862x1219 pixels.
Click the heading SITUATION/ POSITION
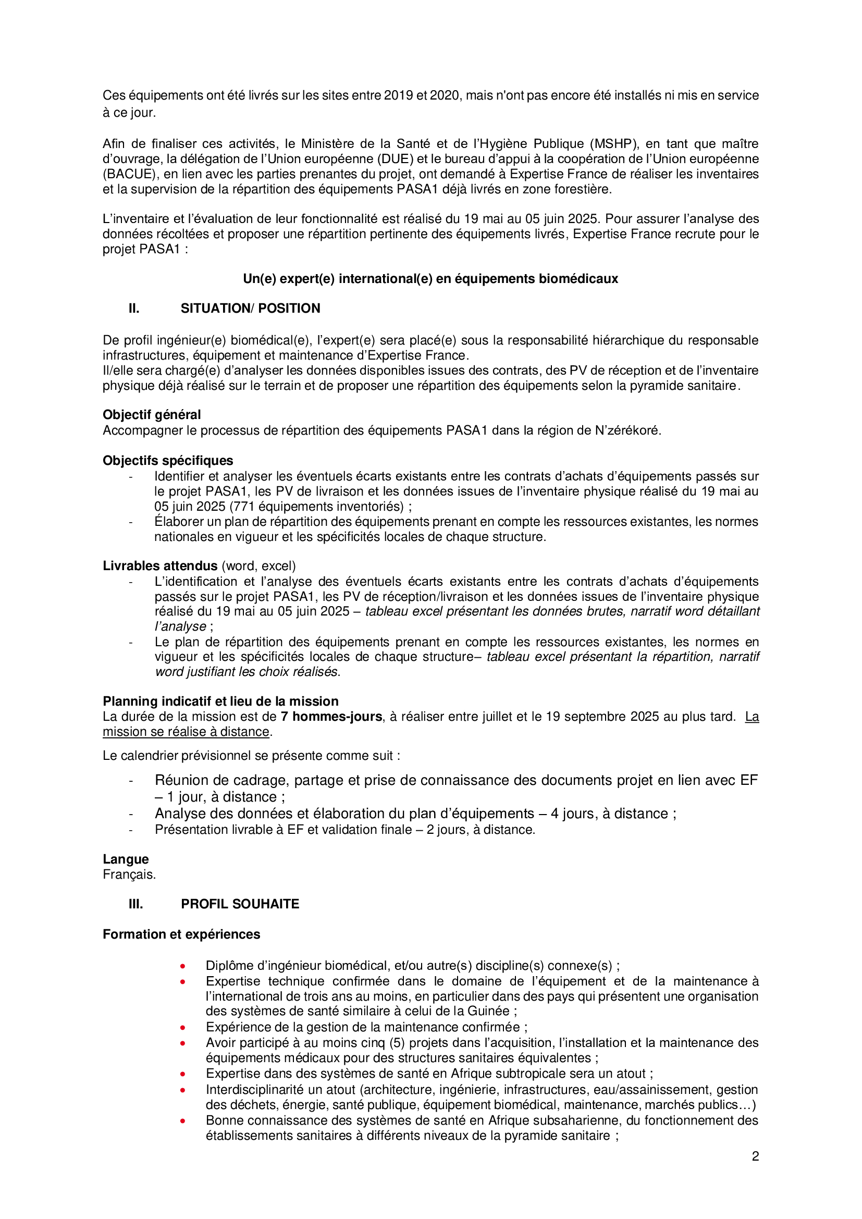click(250, 309)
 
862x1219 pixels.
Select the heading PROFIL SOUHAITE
click(240, 904)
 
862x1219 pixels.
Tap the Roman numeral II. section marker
click(134, 309)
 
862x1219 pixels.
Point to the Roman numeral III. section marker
click(136, 904)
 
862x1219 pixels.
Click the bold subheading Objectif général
click(152, 415)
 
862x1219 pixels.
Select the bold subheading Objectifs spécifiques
click(168, 460)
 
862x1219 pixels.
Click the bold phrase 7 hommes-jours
click(331, 717)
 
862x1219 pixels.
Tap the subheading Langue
click(126, 859)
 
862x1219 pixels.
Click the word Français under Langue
click(129, 875)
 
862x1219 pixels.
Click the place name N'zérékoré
click(627, 430)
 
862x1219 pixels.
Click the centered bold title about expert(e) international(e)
click(430, 279)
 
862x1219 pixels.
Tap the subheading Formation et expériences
click(181, 934)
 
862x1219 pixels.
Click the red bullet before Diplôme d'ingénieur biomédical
click(182, 966)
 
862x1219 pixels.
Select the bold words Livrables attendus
click(161, 566)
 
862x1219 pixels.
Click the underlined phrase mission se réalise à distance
click(186, 732)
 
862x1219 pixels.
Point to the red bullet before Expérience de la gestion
click(182, 1027)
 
